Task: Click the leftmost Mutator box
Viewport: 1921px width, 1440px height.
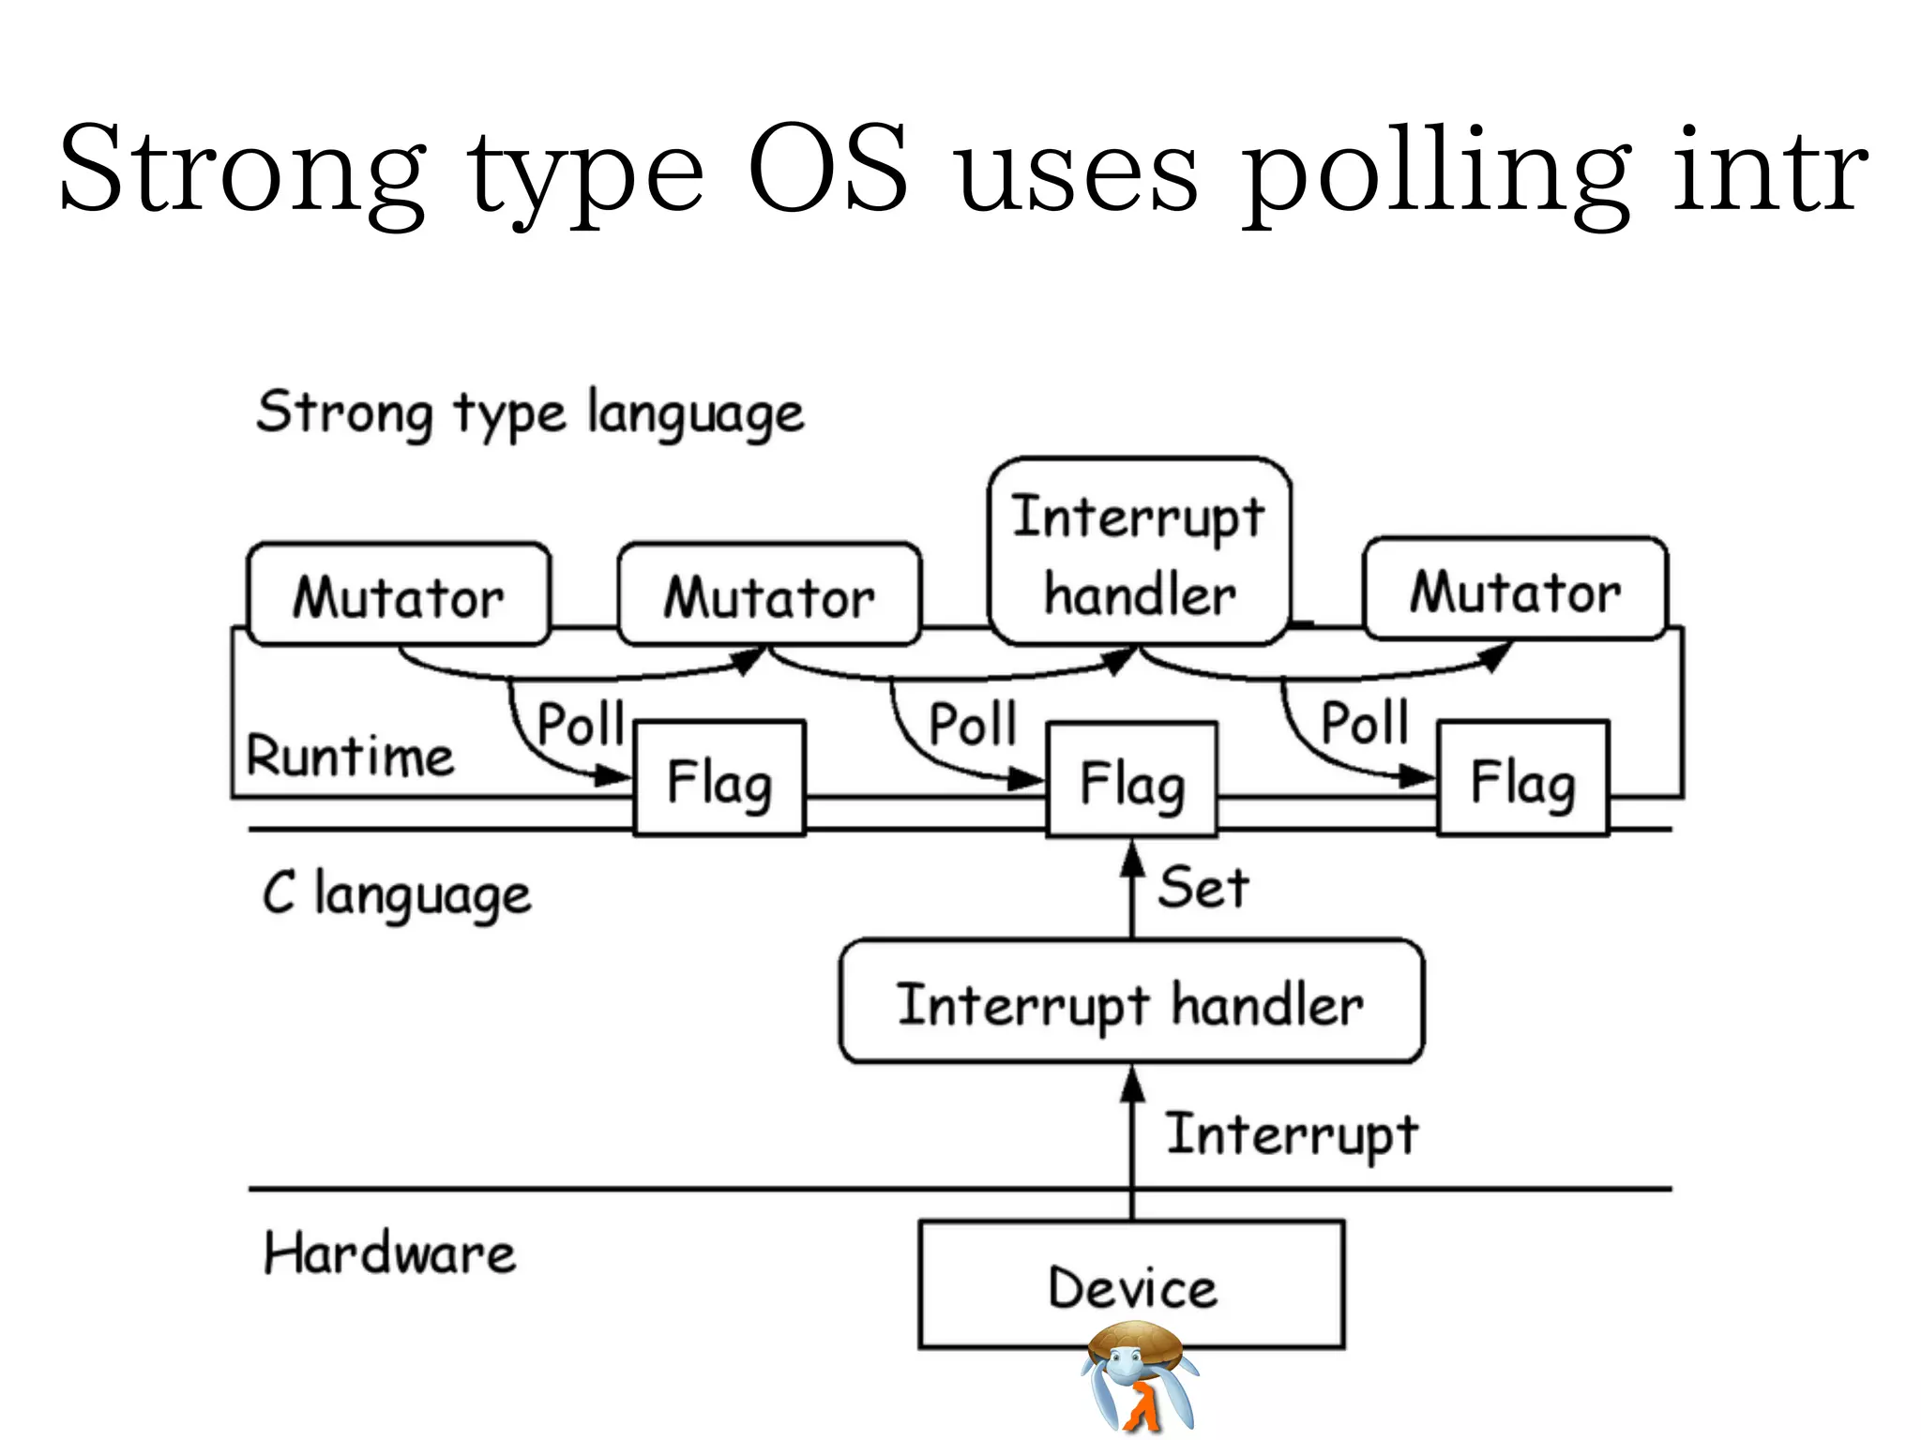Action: pos(399,594)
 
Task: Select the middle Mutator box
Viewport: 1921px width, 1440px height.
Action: pos(769,594)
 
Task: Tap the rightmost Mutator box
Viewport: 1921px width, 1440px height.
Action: pos(1515,590)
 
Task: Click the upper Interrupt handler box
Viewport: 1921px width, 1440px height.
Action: pos(1140,552)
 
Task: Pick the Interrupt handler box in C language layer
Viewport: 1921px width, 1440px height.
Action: pos(1131,1002)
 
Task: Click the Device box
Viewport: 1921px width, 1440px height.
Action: pos(1131,1284)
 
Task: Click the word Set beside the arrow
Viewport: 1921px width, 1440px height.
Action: pos(1203,887)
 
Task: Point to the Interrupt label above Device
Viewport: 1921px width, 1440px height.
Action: pos(1292,1133)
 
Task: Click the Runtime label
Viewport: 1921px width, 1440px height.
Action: pos(350,756)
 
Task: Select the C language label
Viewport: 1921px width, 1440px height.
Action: pos(397,893)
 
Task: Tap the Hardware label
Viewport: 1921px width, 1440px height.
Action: pos(389,1253)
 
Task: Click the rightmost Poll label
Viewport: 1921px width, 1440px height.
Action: pos(1365,723)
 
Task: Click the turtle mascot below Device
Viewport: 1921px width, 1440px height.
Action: pos(1139,1376)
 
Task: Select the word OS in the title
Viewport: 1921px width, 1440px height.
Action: pos(828,169)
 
